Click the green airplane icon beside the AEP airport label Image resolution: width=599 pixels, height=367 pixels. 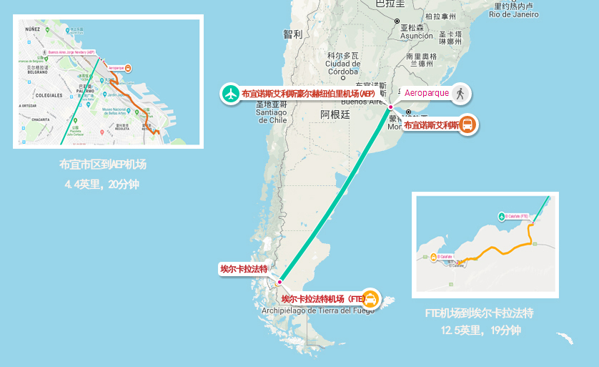[x=230, y=94]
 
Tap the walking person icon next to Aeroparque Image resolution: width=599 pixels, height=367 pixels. [x=460, y=93]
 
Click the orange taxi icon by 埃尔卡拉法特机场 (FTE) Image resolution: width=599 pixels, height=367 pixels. [x=371, y=298]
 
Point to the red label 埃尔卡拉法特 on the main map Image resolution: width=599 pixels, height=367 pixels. [x=244, y=270]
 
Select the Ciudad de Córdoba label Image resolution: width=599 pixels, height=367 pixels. [x=342, y=63]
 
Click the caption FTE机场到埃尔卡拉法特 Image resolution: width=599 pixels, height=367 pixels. [x=480, y=313]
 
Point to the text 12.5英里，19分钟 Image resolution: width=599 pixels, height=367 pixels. [x=480, y=331]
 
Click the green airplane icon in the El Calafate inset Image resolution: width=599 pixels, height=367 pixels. [x=500, y=216]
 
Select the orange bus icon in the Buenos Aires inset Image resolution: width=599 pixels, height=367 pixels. [x=127, y=69]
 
